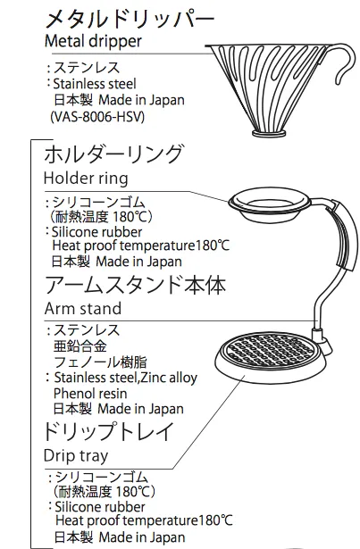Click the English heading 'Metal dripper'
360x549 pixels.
point(93,41)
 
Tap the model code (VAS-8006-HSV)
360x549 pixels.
point(97,117)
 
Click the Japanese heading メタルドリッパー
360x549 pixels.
point(130,20)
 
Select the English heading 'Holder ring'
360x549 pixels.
point(86,178)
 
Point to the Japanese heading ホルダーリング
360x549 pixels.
point(113,154)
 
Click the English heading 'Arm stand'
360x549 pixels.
point(83,309)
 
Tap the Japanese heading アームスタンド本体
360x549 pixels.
point(135,285)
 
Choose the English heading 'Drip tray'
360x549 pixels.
point(76,456)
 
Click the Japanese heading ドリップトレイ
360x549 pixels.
point(109,431)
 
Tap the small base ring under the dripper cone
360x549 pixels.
point(269,133)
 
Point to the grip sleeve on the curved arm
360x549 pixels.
point(346,235)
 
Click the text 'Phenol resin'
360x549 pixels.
point(90,394)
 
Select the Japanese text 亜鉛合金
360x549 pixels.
point(80,346)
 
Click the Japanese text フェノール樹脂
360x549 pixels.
point(100,362)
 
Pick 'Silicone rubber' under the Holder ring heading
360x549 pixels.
point(96,232)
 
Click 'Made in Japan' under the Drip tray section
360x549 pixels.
point(142,537)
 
